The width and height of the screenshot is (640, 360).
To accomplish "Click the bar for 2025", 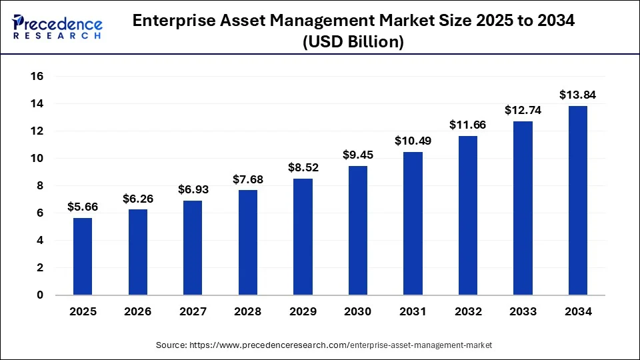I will (83, 257).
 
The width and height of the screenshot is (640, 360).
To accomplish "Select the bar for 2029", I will (303, 237).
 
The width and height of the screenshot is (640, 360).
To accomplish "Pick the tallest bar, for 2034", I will (578, 200).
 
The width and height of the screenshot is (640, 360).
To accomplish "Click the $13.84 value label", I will (578, 95).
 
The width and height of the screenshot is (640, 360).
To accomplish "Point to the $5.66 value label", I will (83, 207).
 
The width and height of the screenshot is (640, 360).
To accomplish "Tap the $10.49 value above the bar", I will (413, 141).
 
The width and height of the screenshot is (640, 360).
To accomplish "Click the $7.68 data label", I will (248, 179).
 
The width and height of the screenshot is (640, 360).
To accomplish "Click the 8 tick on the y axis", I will (40, 186).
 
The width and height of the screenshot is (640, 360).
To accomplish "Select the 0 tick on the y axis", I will (40, 295).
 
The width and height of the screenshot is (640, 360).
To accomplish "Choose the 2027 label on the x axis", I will (193, 311).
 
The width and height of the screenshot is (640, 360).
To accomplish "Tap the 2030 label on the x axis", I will (358, 311).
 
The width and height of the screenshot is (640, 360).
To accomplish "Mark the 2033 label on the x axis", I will (523, 311).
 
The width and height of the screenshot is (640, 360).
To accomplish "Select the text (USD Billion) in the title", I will (354, 41).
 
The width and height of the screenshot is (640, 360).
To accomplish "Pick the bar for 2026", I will (138, 252).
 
